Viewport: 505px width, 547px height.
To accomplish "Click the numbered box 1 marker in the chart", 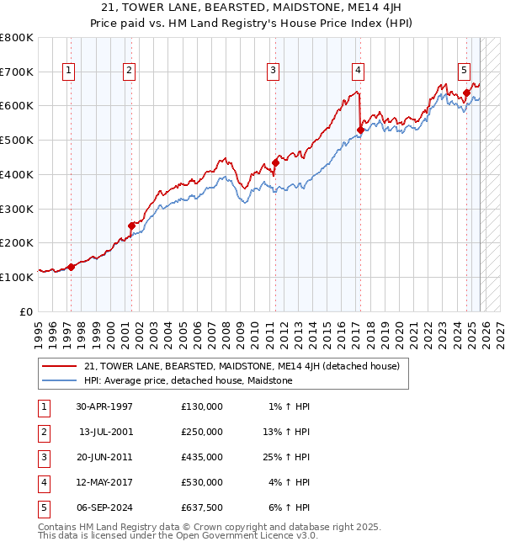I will tap(68, 71).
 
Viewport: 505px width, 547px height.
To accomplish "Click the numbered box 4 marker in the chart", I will tap(358, 71).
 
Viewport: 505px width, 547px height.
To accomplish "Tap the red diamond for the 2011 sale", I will tap(275, 163).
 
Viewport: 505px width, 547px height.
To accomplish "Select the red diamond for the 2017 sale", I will tap(360, 130).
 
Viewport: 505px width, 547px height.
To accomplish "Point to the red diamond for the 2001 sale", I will tap(131, 226).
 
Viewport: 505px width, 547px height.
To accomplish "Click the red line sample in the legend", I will tap(59, 366).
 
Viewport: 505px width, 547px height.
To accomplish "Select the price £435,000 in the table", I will tap(202, 457).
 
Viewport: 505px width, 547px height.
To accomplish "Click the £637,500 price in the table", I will tap(202, 507).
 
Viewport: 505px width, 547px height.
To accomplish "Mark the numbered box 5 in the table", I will tap(42, 507).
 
